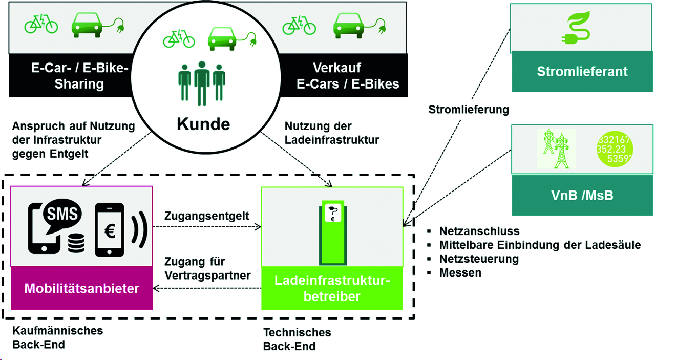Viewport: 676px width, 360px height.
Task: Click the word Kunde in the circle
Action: pos(204,124)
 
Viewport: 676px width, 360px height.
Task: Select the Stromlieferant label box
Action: pos(582,71)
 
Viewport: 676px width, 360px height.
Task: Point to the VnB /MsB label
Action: pos(582,195)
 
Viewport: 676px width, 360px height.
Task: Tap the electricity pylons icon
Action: pos(556,149)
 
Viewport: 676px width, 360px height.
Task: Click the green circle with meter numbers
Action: pos(615,149)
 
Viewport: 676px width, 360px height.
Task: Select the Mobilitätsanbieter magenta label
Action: pos(82,288)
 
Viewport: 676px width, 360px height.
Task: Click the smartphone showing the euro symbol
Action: pos(109,230)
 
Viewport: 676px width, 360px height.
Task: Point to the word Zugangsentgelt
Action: pos(207,216)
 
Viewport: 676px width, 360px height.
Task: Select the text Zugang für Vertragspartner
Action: pos(207,269)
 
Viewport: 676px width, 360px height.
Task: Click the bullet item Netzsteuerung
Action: pos(479,259)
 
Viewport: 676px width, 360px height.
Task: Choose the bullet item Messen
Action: pos(460,272)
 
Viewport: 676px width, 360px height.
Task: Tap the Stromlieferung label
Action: pos(469,109)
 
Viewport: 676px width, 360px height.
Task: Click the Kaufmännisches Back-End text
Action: pos(57,337)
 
